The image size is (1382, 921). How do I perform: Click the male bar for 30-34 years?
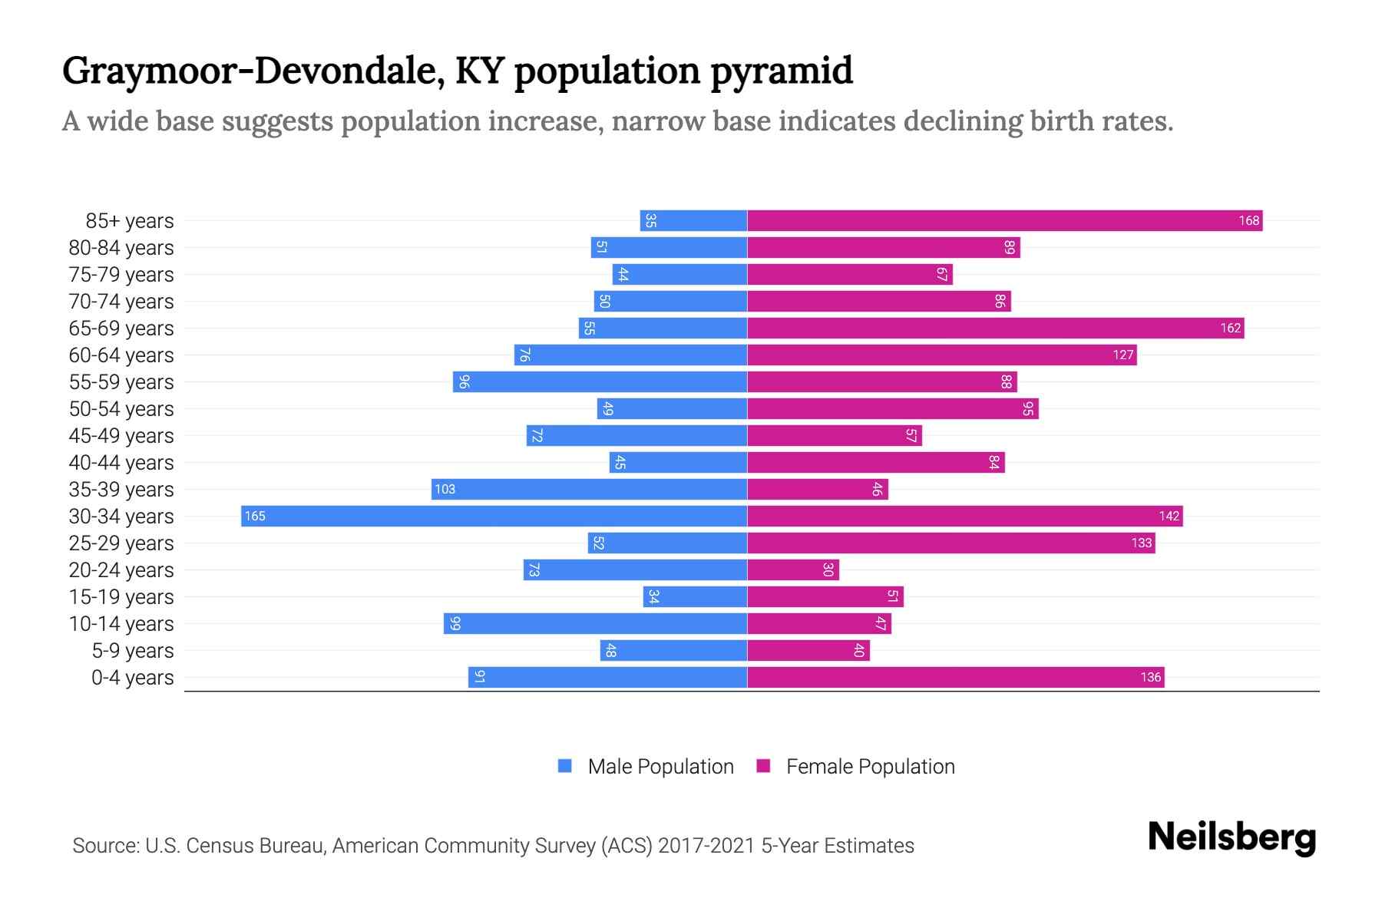coord(494,516)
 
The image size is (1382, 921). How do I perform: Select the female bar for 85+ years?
coord(1004,220)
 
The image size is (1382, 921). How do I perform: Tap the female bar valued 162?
coord(995,328)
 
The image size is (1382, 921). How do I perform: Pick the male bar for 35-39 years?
coord(589,489)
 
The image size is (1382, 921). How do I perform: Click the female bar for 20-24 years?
coord(793,569)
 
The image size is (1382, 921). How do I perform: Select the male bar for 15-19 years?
coord(695,596)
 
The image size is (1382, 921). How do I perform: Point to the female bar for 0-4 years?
coord(955,677)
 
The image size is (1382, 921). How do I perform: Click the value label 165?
coord(255,516)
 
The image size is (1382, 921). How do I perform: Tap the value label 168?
coord(1248,220)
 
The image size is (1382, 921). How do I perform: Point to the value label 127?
coord(1122,355)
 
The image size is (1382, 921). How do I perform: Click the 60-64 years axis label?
coord(121,355)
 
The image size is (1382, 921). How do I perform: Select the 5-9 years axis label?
coord(133,651)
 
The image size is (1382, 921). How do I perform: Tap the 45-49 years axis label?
coord(121,436)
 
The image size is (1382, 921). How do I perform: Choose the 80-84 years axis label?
coord(121,248)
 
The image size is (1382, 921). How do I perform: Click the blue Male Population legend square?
coord(565,766)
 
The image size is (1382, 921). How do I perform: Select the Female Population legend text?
coord(870,766)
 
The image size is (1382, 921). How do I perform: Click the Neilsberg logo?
coord(1232,837)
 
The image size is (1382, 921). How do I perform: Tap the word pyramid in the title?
coord(781,71)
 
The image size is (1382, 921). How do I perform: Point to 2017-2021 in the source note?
coord(706,846)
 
